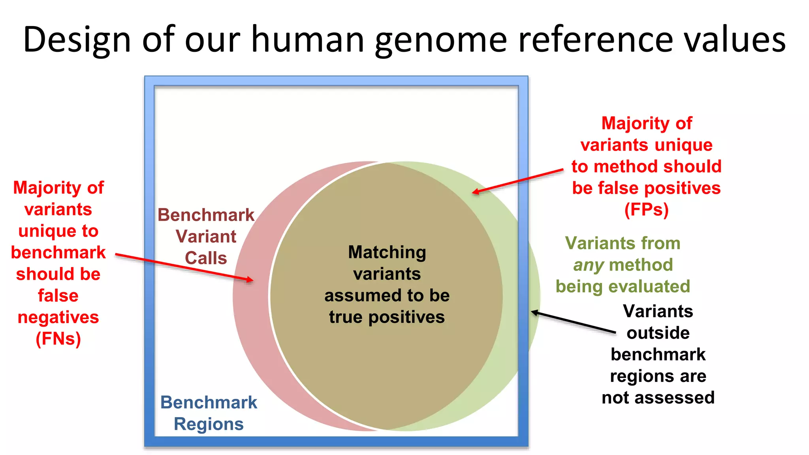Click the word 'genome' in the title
click(441, 39)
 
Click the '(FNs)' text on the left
click(58, 339)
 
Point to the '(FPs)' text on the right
click(646, 210)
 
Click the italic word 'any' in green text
click(589, 265)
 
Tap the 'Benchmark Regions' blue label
click(209, 413)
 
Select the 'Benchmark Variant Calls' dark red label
click(206, 236)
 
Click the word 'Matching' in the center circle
click(387, 252)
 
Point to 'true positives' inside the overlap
click(387, 317)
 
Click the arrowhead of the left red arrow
click(251, 280)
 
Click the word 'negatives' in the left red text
click(58, 317)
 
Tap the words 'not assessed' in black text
click(658, 398)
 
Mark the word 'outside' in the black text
click(658, 333)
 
